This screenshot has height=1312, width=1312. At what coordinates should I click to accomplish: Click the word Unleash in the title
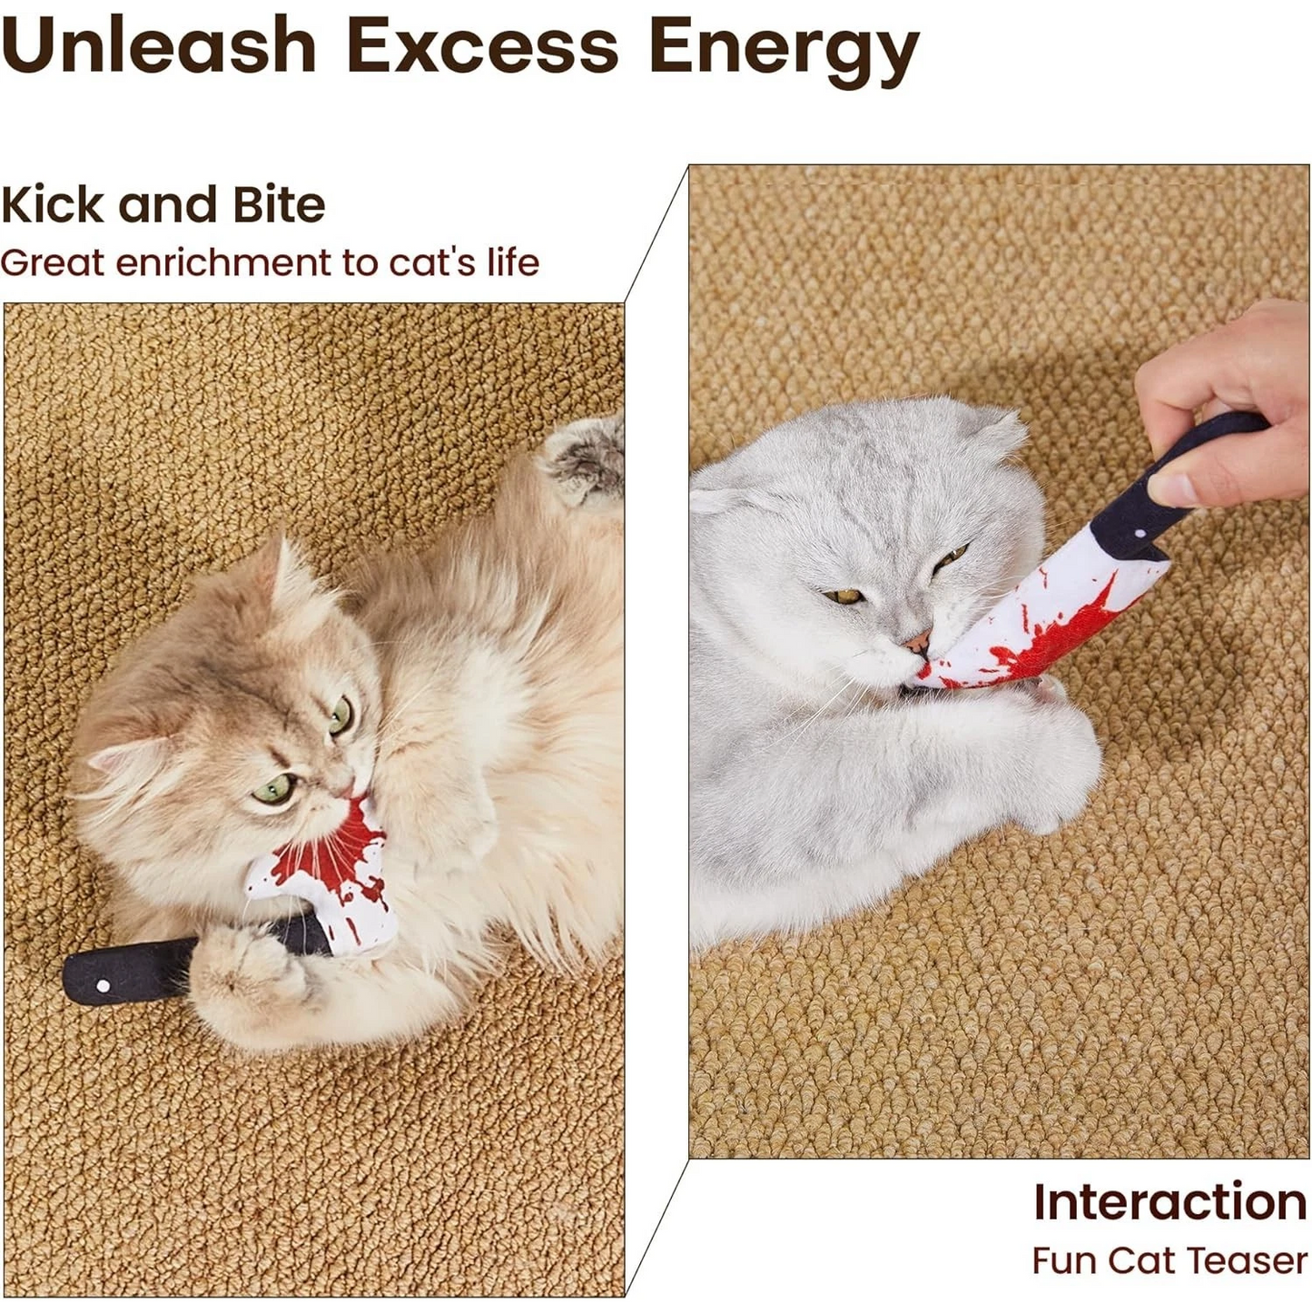[x=159, y=45]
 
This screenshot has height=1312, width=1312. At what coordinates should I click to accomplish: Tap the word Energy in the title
[x=783, y=47]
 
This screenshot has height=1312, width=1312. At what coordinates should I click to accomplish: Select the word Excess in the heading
[x=481, y=45]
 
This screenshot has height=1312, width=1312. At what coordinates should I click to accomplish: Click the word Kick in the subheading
[x=53, y=204]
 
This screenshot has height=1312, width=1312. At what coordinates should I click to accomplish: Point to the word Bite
[x=278, y=204]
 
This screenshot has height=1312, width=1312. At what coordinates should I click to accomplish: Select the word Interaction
[x=1169, y=1202]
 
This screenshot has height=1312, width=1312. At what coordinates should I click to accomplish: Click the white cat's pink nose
[x=916, y=643]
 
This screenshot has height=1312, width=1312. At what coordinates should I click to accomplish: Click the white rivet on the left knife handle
[x=103, y=985]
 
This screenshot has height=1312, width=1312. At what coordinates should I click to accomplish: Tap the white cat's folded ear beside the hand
[x=999, y=431]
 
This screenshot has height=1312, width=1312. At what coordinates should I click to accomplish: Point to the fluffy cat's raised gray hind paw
[x=586, y=459]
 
